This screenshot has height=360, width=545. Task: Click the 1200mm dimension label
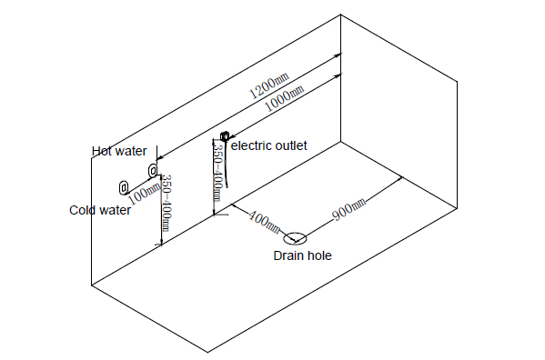pyautogui.click(x=269, y=85)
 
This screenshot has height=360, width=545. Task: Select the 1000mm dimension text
pyautogui.click(x=285, y=98)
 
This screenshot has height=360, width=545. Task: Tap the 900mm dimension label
pyautogui.click(x=349, y=210)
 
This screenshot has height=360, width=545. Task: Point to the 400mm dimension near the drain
pyautogui.click(x=264, y=222)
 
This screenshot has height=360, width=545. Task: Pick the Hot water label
pyautogui.click(x=119, y=151)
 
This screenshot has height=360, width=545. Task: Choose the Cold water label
pyautogui.click(x=100, y=210)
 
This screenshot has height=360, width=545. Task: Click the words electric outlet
pyautogui.click(x=269, y=145)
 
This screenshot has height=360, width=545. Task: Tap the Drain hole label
pyautogui.click(x=302, y=255)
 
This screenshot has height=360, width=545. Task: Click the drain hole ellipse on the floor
pyautogui.click(x=296, y=234)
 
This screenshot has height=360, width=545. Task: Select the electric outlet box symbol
pyautogui.click(x=225, y=135)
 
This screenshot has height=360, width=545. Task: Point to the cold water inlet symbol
pyautogui.click(x=124, y=187)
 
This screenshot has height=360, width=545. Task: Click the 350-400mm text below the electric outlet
pyautogui.click(x=217, y=172)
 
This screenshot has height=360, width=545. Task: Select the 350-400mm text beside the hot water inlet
pyautogui.click(x=167, y=203)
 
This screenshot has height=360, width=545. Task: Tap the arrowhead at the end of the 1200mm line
pyautogui.click(x=338, y=55)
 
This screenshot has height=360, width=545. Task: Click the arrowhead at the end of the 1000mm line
pyautogui.click(x=338, y=75)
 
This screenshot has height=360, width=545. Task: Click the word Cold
pyautogui.click(x=83, y=210)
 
